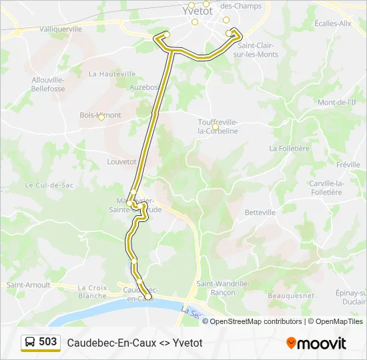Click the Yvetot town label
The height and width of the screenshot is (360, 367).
click(198, 11)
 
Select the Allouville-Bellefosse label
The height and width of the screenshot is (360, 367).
click(48, 84)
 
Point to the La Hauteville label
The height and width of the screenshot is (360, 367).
click(107, 74)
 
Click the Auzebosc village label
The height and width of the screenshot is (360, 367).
click(144, 87)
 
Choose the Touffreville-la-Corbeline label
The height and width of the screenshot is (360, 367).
click(218, 127)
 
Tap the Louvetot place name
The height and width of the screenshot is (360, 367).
click(121, 161)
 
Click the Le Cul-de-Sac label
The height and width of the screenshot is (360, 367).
click(49, 185)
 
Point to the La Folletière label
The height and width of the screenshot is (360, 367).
click(290, 148)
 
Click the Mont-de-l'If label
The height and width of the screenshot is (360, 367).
click(338, 103)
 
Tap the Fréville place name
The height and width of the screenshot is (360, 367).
click(348, 165)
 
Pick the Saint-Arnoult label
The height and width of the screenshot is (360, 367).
click(29, 285)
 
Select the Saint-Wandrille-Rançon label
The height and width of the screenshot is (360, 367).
click(223, 287)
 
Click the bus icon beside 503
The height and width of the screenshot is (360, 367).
click(30, 343)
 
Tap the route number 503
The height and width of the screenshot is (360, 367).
click(48, 342)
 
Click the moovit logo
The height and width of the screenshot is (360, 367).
click(316, 343)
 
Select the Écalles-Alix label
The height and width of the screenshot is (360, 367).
click(333, 23)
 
